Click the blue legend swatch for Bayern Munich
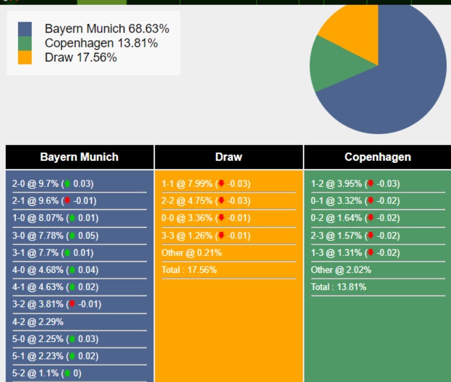click(25, 29)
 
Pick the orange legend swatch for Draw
click(25, 57)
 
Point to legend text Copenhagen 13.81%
click(101, 43)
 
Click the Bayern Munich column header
click(79, 157)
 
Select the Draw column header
click(229, 157)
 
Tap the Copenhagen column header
click(378, 157)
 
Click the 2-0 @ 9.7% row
click(53, 183)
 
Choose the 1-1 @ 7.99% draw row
click(206, 183)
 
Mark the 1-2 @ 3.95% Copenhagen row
click(355, 183)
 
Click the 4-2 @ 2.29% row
click(38, 322)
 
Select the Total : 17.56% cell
click(189, 270)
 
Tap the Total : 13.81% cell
click(339, 287)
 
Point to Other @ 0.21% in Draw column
click(192, 252)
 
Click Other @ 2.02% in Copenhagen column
click(341, 270)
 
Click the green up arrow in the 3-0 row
click(72, 235)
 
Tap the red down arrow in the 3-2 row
click(72, 304)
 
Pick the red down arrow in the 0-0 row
click(221, 218)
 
